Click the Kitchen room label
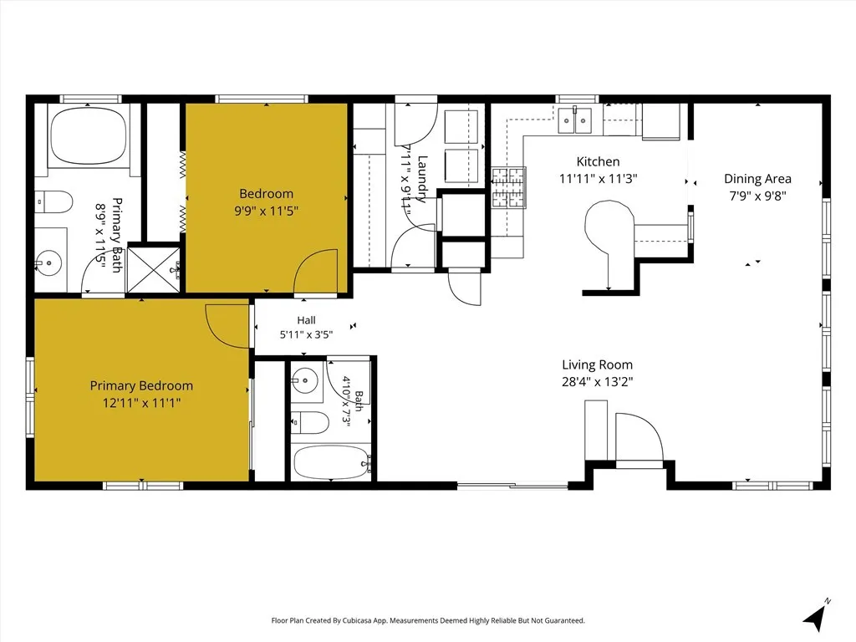pyautogui.click(x=598, y=161)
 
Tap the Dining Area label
pyautogui.click(x=757, y=179)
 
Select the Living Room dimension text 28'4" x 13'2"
pyautogui.click(x=597, y=381)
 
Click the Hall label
pyautogui.click(x=306, y=320)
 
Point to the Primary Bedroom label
pyautogui.click(x=141, y=386)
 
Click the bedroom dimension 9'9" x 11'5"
pyautogui.click(x=267, y=211)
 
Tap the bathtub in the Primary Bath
pyautogui.click(x=88, y=135)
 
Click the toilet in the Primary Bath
pyautogui.click(x=53, y=202)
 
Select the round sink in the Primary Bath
pyautogui.click(x=49, y=263)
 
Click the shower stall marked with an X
pyautogui.click(x=154, y=270)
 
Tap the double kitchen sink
pyautogui.click(x=575, y=120)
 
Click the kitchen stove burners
pyautogui.click(x=509, y=188)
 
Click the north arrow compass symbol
pyautogui.click(x=817, y=615)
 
